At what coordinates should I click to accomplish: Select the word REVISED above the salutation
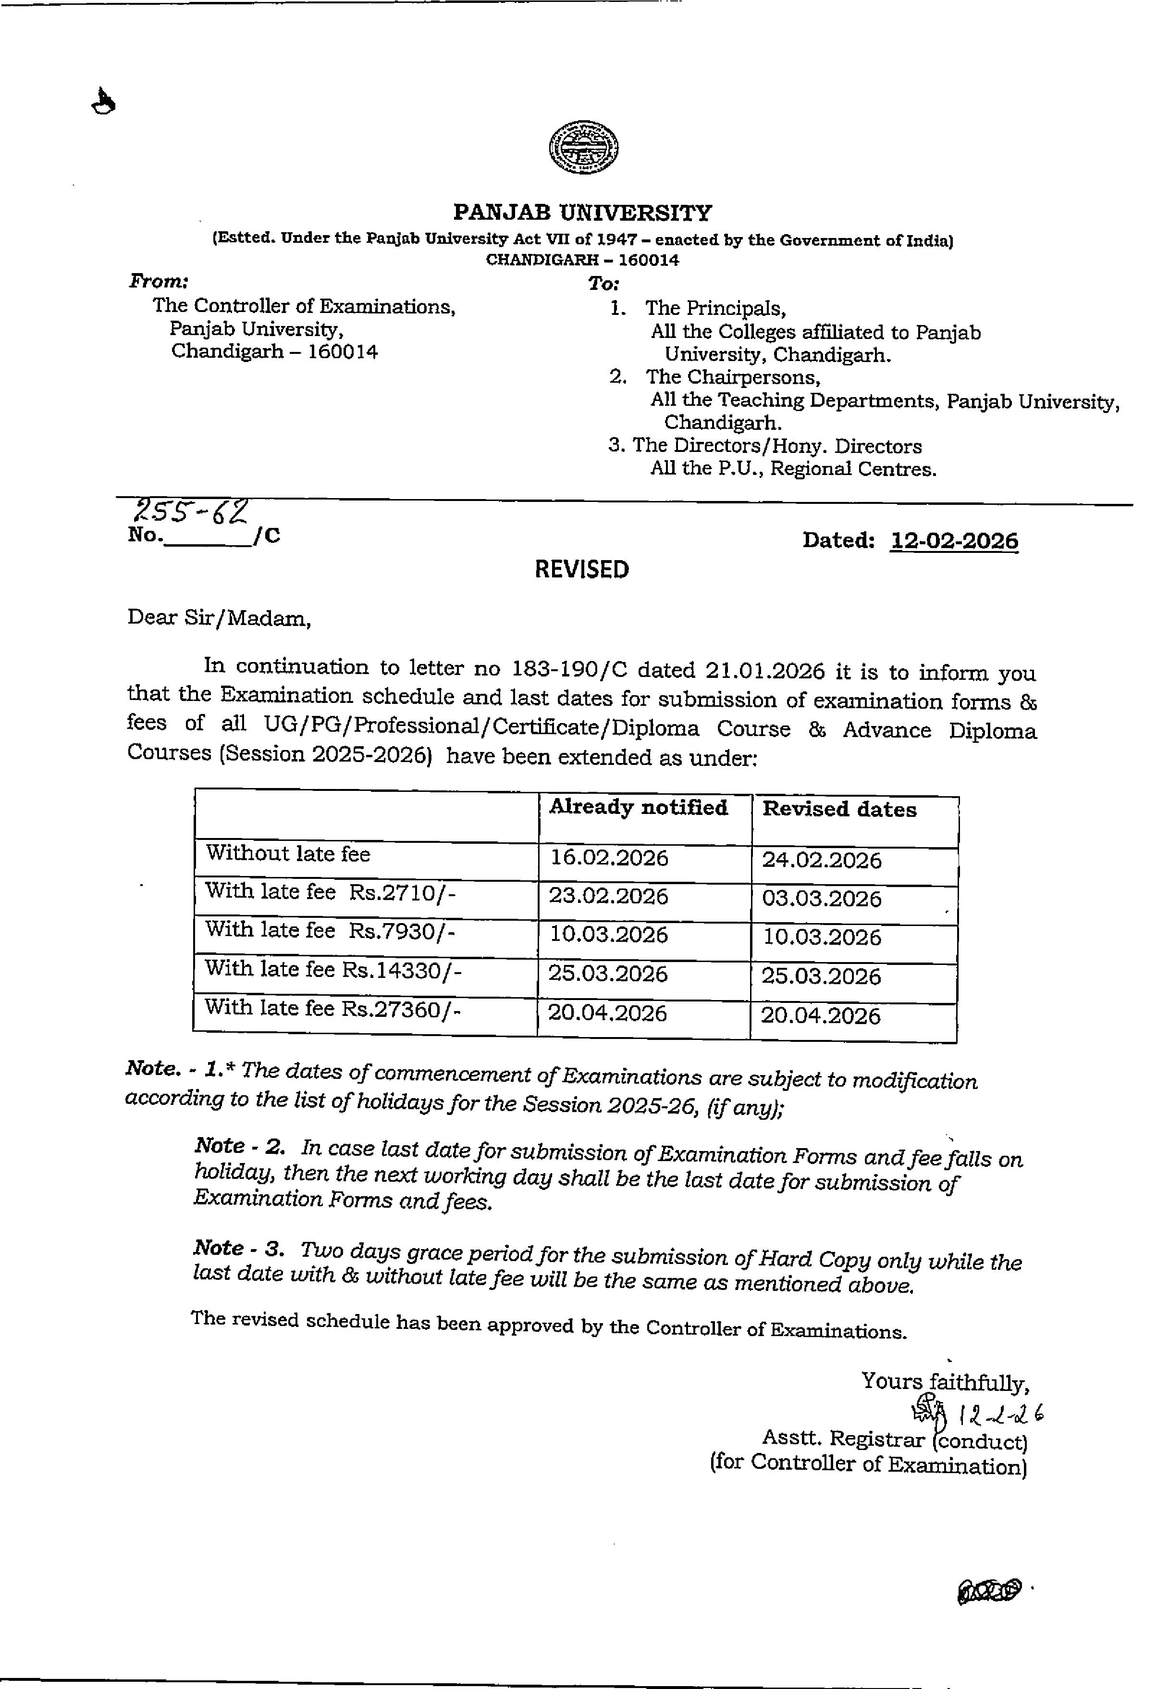(582, 569)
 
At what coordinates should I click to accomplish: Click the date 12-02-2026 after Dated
(954, 541)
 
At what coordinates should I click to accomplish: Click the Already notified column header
(639, 807)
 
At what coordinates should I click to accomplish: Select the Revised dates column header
(839, 810)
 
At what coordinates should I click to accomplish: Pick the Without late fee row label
(288, 853)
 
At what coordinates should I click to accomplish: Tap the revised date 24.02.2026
(822, 861)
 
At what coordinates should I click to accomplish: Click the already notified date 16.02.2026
(609, 858)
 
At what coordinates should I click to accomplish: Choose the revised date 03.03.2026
(822, 899)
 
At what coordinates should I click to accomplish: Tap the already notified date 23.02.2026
(609, 896)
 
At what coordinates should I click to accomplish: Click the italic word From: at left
(159, 280)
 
